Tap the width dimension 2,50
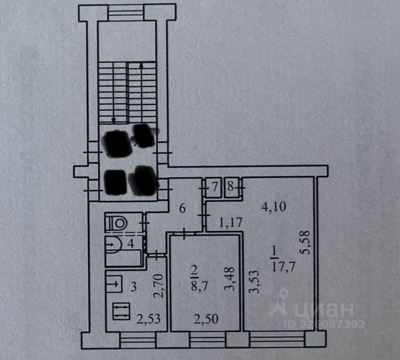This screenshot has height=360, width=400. coord(206,320)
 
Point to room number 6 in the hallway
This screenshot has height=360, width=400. coord(182,208)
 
